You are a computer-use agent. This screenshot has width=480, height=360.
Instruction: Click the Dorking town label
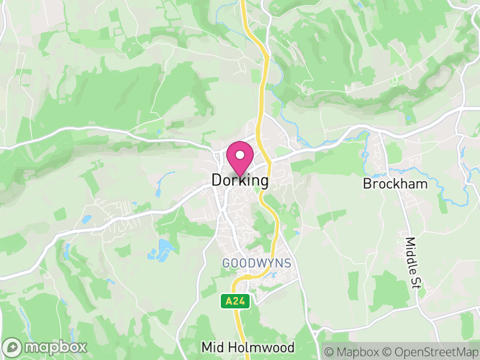coord(240,180)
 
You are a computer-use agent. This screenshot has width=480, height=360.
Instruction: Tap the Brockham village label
coord(395,184)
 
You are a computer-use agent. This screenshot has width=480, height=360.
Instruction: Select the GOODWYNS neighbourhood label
coord(256,263)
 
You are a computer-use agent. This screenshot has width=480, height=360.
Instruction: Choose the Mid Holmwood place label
coord(248,347)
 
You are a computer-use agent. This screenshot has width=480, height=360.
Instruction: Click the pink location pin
coord(240,160)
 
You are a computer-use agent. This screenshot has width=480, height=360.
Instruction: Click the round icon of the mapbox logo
coord(13,347)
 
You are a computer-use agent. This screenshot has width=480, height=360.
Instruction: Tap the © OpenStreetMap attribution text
coord(430,350)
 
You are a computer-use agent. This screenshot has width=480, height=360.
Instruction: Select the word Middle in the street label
coord(411,254)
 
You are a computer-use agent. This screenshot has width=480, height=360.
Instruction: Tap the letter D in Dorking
coord(217,180)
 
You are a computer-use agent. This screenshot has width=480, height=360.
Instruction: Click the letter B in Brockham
coord(367,184)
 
